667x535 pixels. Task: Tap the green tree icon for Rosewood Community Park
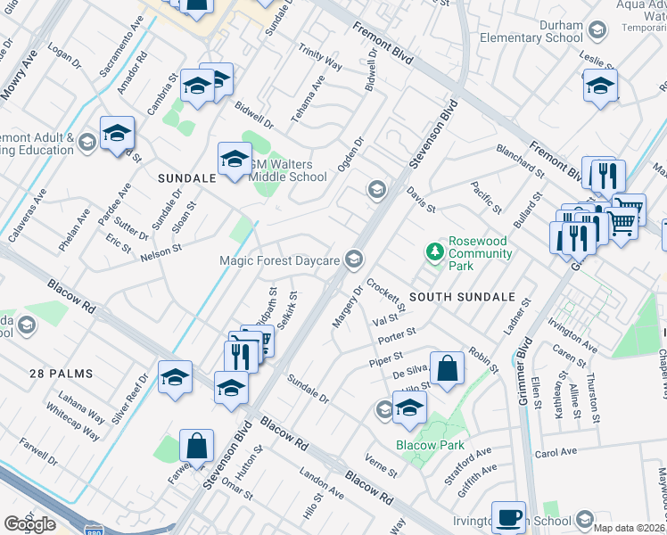coord(435,252)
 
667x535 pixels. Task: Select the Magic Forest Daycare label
coord(280,259)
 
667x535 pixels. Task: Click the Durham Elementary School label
coord(531,32)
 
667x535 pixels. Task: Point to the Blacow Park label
coord(425,445)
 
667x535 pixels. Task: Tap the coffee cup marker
coord(510,516)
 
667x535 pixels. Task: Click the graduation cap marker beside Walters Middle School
coord(235,160)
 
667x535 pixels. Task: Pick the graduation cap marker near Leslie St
coord(601,86)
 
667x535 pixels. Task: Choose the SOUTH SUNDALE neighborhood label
coord(462,296)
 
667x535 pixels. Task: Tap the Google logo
coord(29,523)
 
